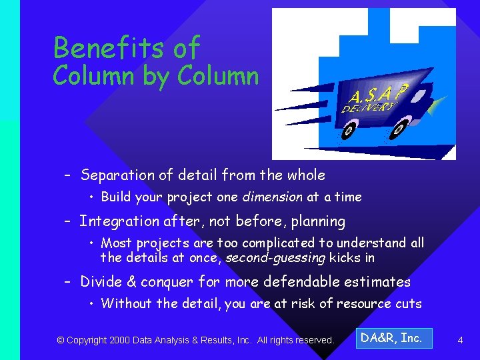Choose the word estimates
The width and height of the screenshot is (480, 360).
pos(380,282)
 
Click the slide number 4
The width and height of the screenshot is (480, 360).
pos(460,341)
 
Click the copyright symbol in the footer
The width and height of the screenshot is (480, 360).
pos(60,341)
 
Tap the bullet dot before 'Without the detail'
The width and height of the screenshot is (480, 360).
pos(93,304)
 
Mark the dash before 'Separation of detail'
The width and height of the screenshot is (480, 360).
pos(67,176)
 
